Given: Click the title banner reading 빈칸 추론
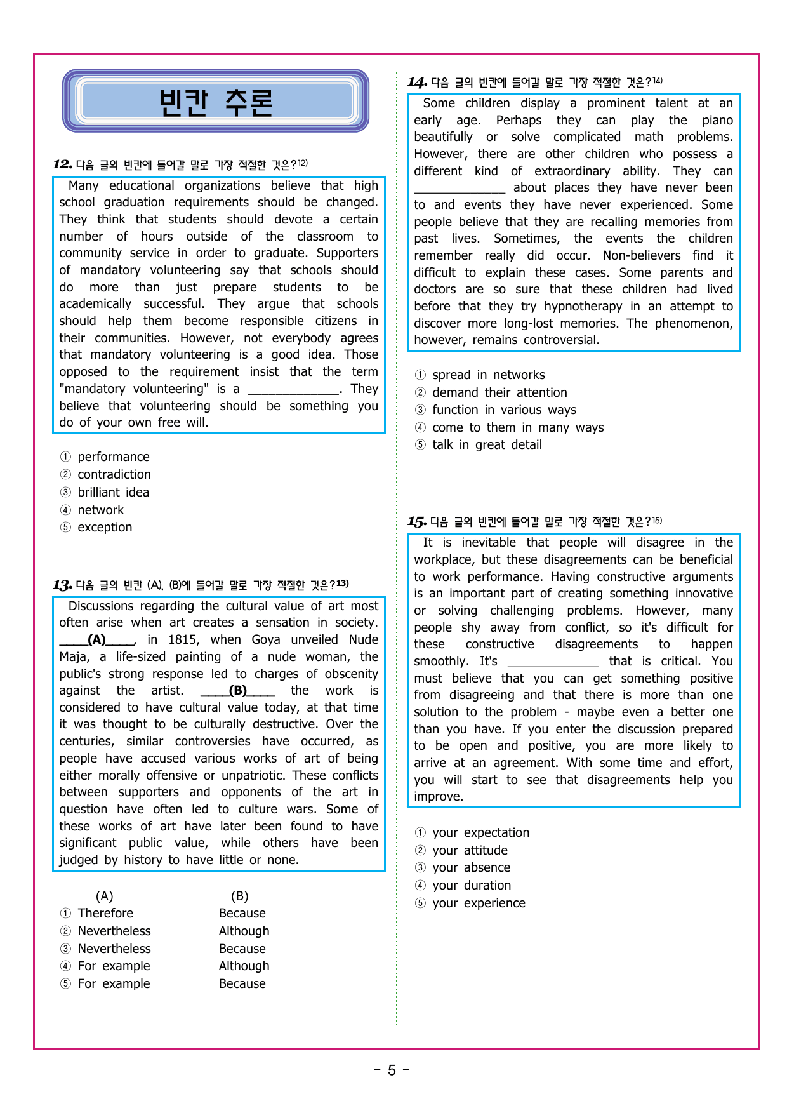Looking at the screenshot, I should [216, 102].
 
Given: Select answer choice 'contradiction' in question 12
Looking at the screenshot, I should [114, 475].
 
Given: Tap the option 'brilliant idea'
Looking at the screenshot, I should [113, 493].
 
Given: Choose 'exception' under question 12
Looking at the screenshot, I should [105, 528].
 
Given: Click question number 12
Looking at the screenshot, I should [62, 165].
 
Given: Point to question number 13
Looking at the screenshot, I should [62, 585].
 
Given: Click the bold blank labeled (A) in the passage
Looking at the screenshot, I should [97, 640].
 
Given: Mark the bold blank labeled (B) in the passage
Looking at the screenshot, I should [238, 691].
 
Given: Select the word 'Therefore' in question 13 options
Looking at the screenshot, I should [105, 914].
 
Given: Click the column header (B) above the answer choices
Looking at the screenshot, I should [239, 896].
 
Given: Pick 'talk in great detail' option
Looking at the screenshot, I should [487, 445].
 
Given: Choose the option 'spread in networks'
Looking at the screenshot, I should [488, 375].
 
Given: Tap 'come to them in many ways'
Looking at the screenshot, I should [517, 428].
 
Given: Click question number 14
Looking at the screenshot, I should [417, 83].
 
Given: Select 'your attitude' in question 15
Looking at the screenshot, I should [470, 851].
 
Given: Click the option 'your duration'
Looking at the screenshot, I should [471, 886].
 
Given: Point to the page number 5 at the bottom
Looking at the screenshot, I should [392, 1070].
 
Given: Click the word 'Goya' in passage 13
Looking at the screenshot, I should [266, 640].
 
